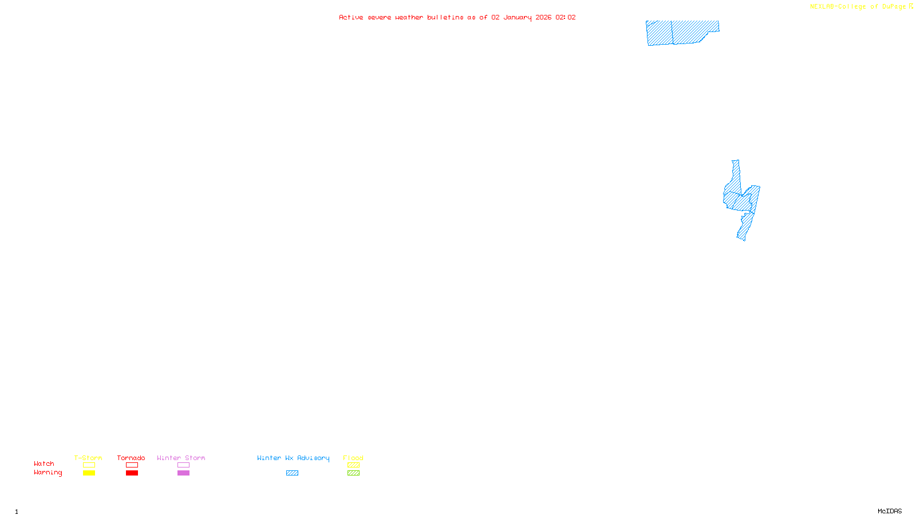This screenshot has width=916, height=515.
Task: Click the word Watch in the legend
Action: [44, 463]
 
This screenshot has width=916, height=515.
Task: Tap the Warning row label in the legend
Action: [48, 473]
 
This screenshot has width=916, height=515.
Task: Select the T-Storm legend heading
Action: [88, 458]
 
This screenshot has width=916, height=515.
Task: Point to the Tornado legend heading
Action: [131, 458]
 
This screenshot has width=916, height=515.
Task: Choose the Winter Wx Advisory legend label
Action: [293, 458]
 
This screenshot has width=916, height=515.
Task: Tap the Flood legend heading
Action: [353, 458]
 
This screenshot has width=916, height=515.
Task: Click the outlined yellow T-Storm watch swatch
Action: [89, 465]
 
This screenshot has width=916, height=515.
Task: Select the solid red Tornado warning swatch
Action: [132, 473]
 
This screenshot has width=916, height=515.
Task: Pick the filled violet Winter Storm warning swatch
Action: [183, 473]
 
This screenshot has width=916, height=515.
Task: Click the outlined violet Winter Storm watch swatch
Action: [183, 465]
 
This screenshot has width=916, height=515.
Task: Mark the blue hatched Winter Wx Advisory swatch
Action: [292, 473]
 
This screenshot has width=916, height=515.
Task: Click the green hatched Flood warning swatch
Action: [353, 473]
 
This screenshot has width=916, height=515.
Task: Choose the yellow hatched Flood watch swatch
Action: [353, 465]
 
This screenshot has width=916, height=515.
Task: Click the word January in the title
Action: [518, 17]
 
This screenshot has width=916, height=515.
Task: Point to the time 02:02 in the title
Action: [566, 17]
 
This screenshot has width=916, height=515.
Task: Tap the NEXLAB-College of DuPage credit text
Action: [858, 7]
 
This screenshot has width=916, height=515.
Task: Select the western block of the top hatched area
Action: [660, 33]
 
